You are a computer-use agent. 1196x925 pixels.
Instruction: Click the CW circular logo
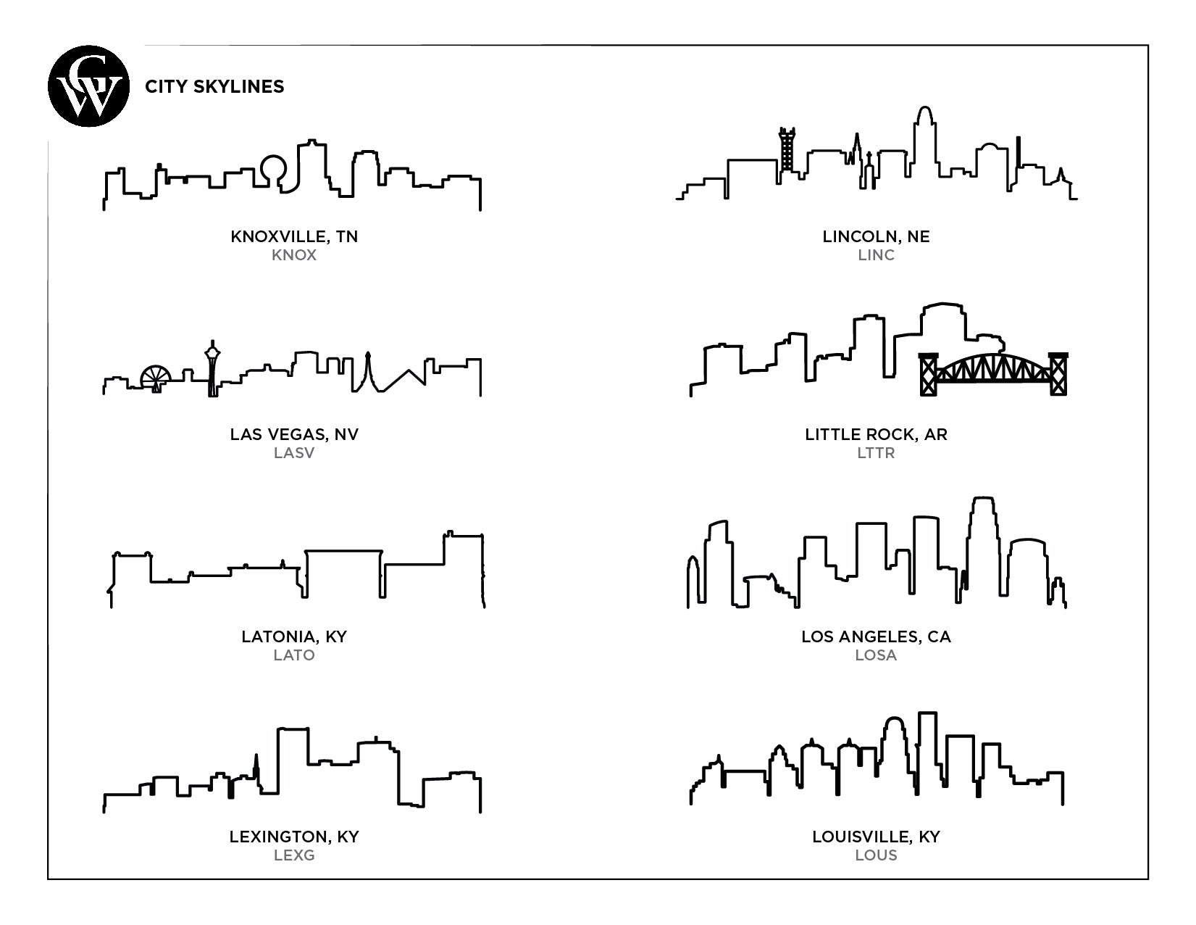click(x=88, y=86)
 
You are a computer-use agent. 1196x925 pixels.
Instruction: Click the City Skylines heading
click(x=214, y=86)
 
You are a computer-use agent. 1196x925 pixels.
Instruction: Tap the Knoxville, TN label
click(x=294, y=237)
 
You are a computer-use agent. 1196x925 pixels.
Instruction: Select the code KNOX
click(x=294, y=255)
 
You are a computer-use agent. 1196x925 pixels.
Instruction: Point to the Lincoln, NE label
click(x=876, y=237)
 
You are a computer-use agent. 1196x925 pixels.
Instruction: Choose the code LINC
click(x=876, y=255)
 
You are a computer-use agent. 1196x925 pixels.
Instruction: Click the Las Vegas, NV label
click(x=294, y=434)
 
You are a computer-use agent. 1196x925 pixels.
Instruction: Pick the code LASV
click(x=294, y=452)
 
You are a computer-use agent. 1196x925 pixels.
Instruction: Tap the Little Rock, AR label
click(x=876, y=434)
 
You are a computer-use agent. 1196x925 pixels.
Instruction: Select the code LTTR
click(x=876, y=452)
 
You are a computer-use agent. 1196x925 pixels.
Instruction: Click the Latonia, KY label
click(x=294, y=636)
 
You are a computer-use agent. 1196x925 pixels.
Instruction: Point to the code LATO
click(x=294, y=655)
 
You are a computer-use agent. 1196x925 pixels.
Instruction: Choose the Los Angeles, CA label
click(x=876, y=636)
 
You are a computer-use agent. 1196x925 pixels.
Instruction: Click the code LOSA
click(x=876, y=655)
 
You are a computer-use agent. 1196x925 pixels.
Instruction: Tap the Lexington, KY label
click(x=294, y=837)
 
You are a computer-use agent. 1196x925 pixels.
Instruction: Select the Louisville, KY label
click(x=876, y=837)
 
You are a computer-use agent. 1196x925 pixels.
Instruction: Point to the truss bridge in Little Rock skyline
click(x=993, y=374)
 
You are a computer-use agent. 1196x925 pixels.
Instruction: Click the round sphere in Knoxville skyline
click(x=274, y=167)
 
